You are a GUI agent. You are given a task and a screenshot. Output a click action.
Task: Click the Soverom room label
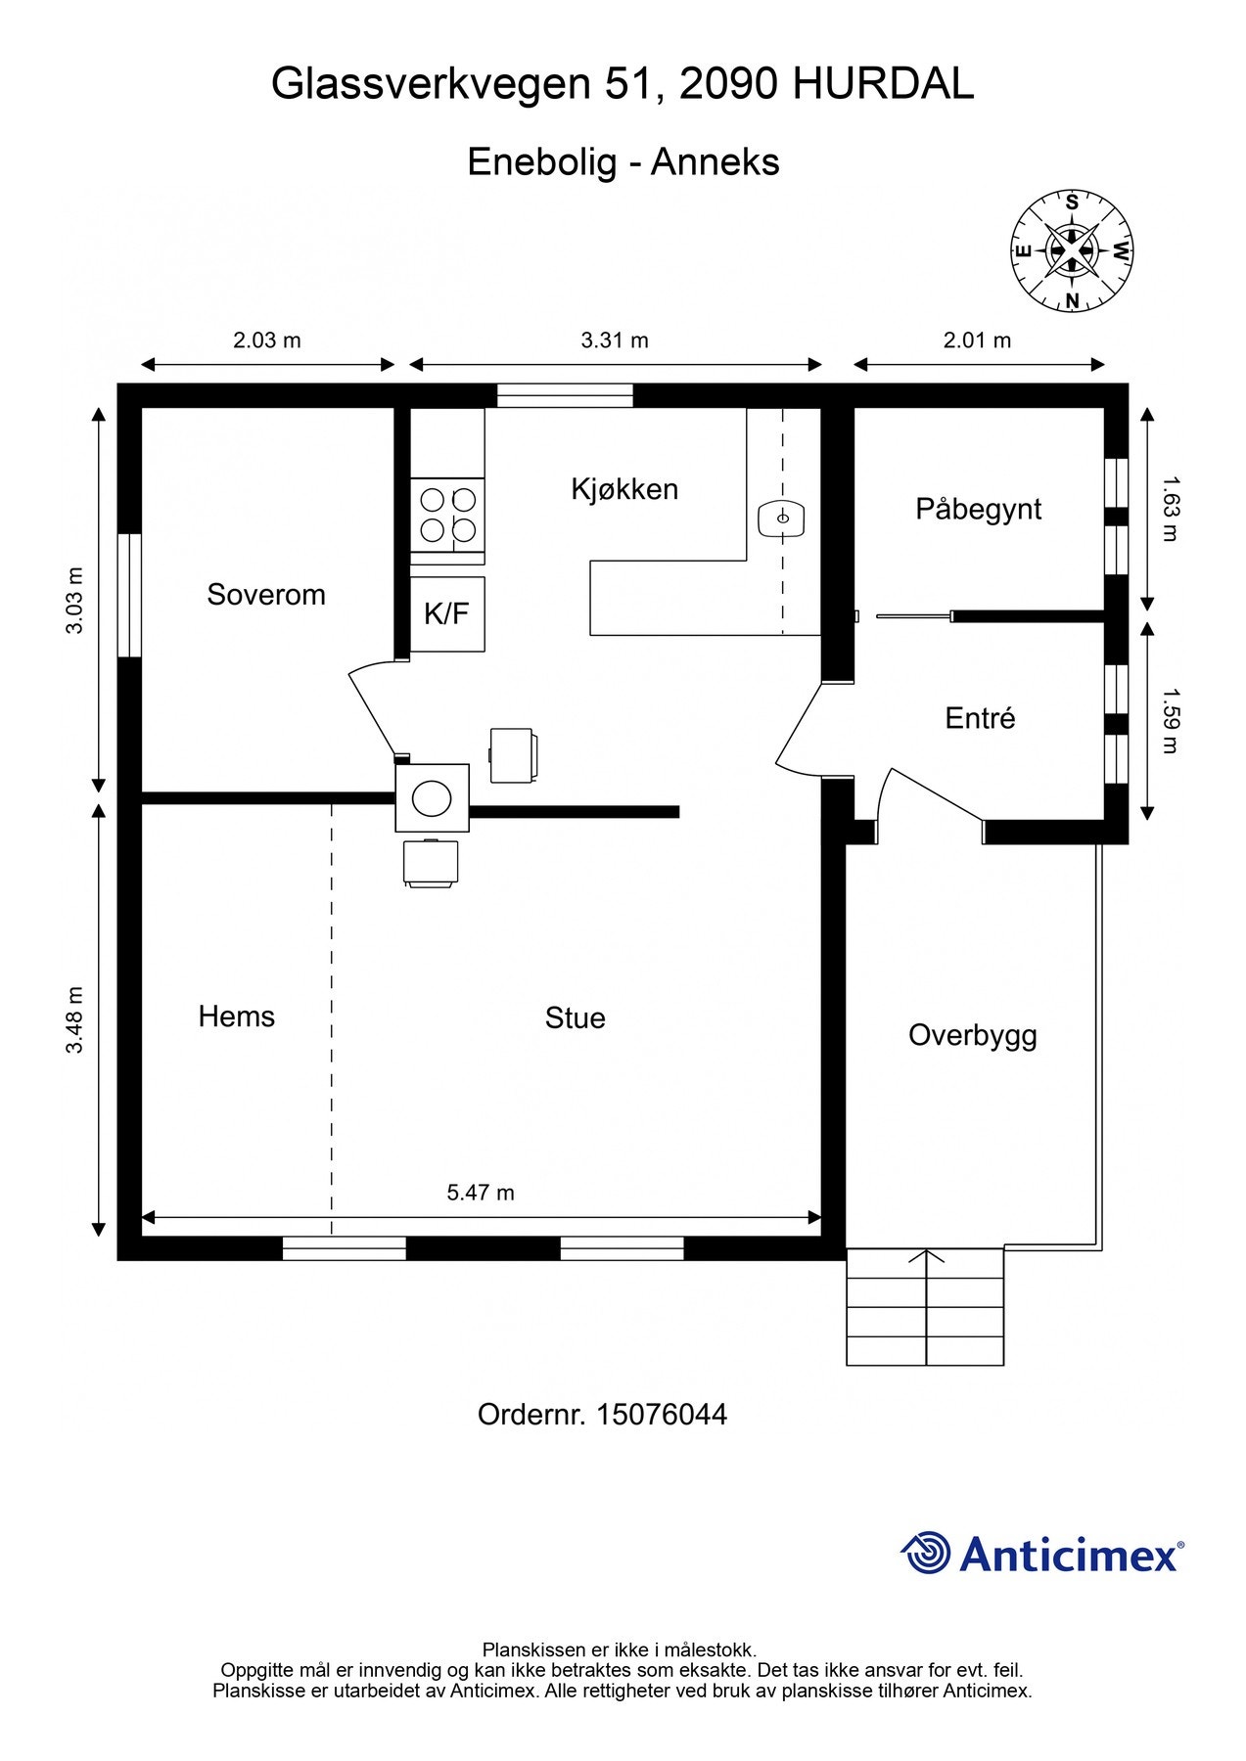[x=266, y=595]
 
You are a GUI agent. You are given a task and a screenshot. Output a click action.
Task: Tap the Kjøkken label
[x=624, y=489]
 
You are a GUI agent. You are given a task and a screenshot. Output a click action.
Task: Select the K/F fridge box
[x=447, y=614]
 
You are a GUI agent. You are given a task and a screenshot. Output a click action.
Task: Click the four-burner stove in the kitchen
[x=447, y=516]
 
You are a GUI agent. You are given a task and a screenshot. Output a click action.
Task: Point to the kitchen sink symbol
[x=781, y=518]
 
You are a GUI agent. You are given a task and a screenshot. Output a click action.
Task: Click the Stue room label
[x=576, y=1018]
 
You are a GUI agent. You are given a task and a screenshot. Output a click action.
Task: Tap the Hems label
[x=237, y=1016]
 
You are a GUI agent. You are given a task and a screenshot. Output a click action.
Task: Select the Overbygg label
[x=973, y=1036]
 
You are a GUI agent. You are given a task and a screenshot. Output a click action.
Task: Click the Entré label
[x=980, y=718]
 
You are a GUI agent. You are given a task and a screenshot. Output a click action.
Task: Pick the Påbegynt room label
[x=979, y=510]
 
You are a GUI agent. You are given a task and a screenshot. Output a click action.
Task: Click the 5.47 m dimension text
[x=481, y=1193]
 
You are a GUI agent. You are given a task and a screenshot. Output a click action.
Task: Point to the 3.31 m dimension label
[x=615, y=340]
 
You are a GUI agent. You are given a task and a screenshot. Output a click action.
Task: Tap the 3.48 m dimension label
[x=74, y=1020]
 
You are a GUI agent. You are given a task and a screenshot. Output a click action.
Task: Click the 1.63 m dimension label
[x=1171, y=509]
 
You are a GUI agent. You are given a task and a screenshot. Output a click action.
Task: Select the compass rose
[x=1072, y=250]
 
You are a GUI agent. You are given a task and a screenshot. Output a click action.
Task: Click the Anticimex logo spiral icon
[x=925, y=1553]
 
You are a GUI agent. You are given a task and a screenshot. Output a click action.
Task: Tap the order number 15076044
[x=662, y=1415]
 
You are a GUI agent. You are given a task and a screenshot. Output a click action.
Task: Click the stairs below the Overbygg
[x=925, y=1307]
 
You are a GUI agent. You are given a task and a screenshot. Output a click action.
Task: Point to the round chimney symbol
[x=432, y=798]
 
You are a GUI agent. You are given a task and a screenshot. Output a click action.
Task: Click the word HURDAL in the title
[x=883, y=85]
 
